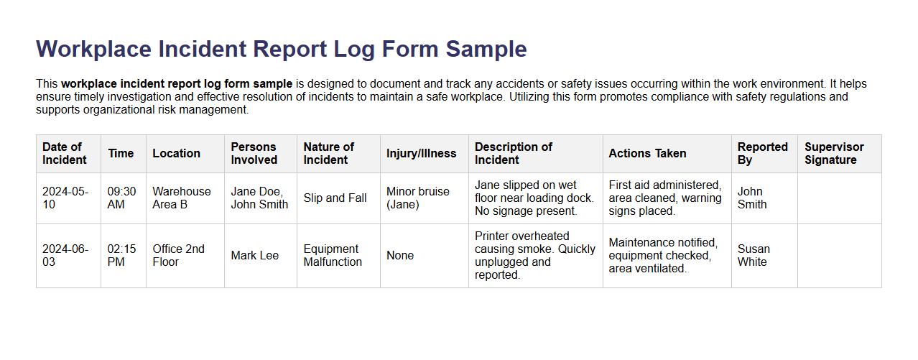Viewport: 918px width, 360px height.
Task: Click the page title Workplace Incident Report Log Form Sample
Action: tap(281, 49)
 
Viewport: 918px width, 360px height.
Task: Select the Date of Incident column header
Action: tap(64, 153)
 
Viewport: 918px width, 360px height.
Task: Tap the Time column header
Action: tap(121, 153)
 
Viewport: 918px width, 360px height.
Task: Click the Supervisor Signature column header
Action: tap(834, 153)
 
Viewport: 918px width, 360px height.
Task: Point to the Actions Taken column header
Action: tap(647, 153)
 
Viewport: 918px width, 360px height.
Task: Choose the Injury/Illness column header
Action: tap(421, 153)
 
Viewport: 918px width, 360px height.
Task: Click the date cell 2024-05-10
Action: tap(65, 198)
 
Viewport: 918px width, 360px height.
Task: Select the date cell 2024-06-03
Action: tap(65, 255)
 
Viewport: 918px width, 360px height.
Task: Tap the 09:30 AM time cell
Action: tap(121, 198)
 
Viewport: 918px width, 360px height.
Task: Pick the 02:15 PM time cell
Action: tap(121, 255)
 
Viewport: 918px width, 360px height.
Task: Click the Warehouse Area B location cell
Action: tap(181, 198)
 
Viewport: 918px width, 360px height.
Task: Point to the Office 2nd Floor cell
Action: tap(178, 255)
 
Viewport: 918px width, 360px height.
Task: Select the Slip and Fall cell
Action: tap(335, 198)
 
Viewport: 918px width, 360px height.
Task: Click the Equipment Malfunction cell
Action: tap(333, 255)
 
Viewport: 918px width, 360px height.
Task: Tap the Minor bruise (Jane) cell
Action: tap(417, 198)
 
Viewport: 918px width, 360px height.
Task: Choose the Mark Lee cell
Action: tap(255, 255)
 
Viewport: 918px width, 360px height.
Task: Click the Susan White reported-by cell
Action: tap(754, 255)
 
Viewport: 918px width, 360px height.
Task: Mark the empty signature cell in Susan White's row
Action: tap(839, 255)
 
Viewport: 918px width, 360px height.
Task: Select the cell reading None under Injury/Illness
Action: tap(400, 255)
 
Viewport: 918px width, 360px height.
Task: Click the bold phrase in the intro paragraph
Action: tap(177, 83)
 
